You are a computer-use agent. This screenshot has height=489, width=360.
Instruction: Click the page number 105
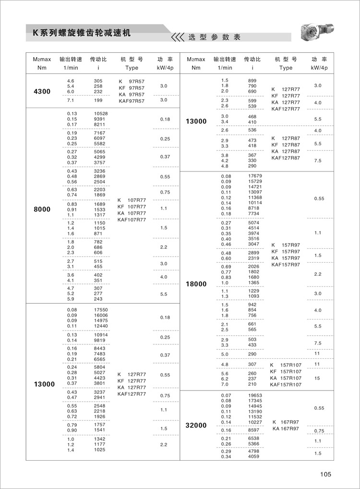click(325, 475)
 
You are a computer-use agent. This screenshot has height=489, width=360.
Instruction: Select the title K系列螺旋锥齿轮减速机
click(81, 33)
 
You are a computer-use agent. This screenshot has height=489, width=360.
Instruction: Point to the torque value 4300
click(42, 91)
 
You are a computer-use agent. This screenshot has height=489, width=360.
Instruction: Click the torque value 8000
click(42, 209)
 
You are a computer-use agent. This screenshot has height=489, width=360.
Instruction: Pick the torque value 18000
click(196, 284)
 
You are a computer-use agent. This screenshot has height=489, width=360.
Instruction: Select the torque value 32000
click(196, 425)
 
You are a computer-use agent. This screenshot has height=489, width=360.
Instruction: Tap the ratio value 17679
click(255, 176)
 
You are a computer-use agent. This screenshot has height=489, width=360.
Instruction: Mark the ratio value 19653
click(255, 395)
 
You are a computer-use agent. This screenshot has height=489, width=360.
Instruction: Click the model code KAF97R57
click(131, 101)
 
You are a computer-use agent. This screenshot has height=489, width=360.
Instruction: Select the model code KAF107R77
click(132, 220)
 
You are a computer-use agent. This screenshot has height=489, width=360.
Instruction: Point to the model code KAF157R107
click(286, 385)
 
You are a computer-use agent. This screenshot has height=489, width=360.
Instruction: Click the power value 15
click(317, 379)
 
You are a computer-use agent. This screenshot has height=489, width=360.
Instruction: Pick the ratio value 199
click(98, 100)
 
